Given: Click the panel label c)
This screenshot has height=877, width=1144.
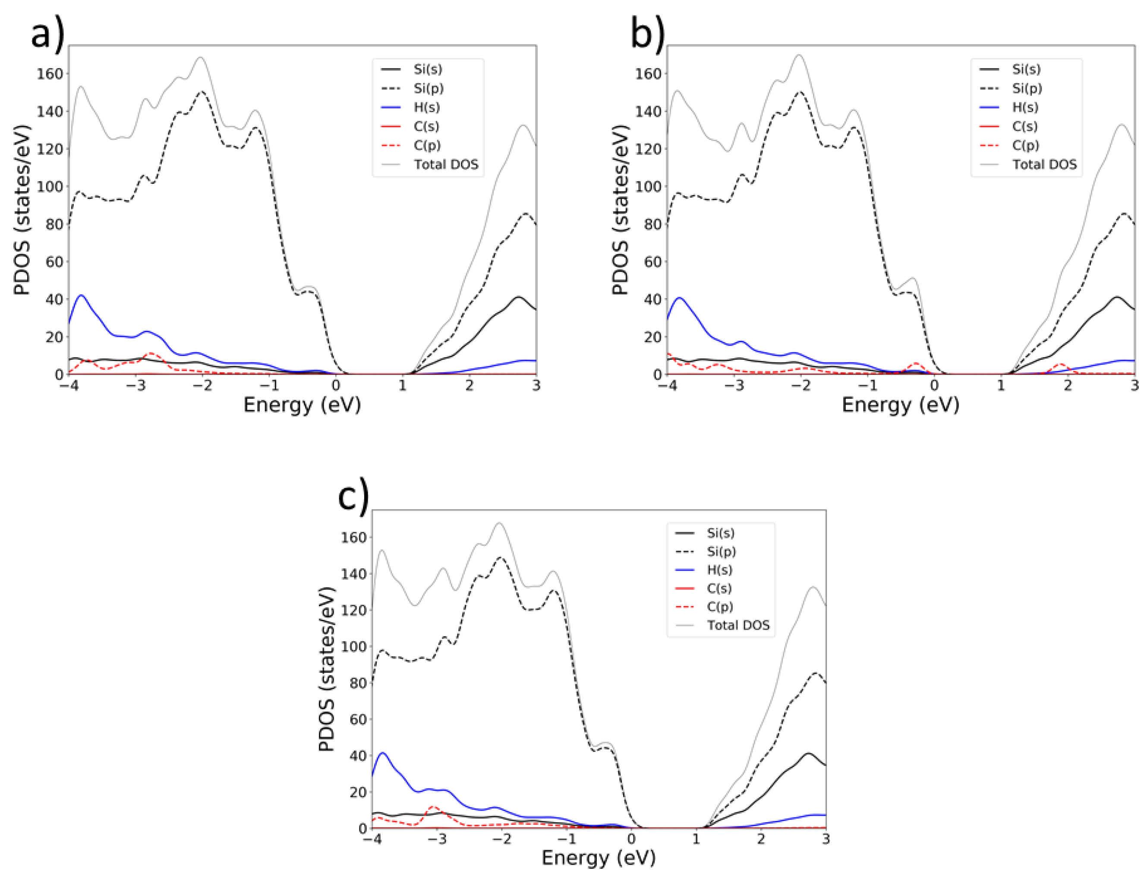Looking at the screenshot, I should click(353, 496).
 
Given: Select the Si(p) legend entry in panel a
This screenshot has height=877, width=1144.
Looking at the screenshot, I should click(428, 88).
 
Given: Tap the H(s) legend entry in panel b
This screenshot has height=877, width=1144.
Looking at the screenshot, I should click(1025, 107).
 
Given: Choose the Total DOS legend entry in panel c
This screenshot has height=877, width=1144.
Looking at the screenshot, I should click(738, 625).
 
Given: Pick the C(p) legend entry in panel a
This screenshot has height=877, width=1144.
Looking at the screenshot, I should click(427, 145).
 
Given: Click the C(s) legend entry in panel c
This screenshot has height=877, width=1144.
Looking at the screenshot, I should click(719, 588).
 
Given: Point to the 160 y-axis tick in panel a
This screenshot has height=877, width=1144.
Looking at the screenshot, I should click(50, 74).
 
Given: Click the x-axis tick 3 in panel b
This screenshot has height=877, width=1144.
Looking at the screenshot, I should click(1134, 386).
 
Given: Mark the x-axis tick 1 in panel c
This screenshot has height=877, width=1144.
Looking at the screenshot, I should click(696, 839).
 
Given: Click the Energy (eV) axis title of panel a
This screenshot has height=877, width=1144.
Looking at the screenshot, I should click(302, 405).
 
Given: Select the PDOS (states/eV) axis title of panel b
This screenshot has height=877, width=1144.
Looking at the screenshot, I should click(620, 210).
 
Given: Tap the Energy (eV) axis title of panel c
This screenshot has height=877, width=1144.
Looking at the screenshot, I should click(599, 858).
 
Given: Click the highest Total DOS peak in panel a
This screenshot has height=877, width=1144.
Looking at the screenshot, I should click(201, 57).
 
